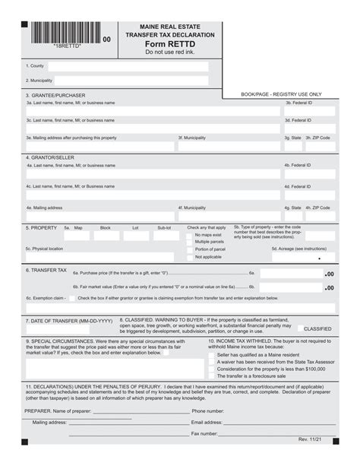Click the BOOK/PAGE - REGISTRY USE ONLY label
point(281,94)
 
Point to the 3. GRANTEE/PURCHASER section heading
point(56,95)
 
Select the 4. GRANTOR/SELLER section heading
point(52,157)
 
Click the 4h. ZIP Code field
point(319,215)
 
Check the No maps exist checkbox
point(189,235)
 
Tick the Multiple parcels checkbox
point(189,243)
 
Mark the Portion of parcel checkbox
point(189,249)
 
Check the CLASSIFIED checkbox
point(298,328)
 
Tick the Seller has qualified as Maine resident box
point(213,354)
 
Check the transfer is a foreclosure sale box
point(213,376)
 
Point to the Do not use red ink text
point(169,52)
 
